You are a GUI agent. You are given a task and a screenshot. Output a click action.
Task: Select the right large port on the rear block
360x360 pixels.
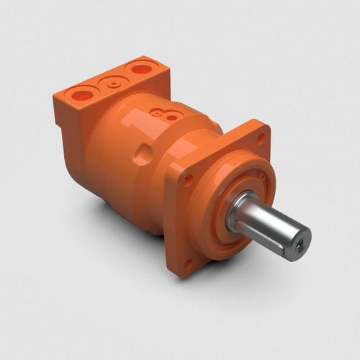[141, 69]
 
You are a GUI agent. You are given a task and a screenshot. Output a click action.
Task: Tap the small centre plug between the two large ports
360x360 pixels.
[113, 82]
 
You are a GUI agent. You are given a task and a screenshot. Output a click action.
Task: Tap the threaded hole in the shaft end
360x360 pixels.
[297, 246]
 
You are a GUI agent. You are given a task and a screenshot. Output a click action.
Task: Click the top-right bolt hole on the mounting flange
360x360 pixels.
[261, 138]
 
